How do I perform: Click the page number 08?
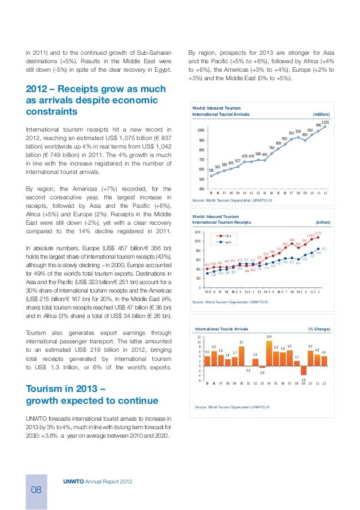[x=36, y=489]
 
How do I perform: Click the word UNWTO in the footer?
[x=73, y=481]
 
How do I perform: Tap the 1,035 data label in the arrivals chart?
[x=325, y=122]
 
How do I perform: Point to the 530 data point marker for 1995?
[x=211, y=175]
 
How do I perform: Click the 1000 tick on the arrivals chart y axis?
[x=200, y=130]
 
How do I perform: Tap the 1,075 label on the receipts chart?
[x=318, y=233]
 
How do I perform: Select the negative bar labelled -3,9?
[x=304, y=370]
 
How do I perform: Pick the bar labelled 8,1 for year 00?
[x=242, y=356]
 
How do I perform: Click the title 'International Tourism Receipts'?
[x=222, y=223]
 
